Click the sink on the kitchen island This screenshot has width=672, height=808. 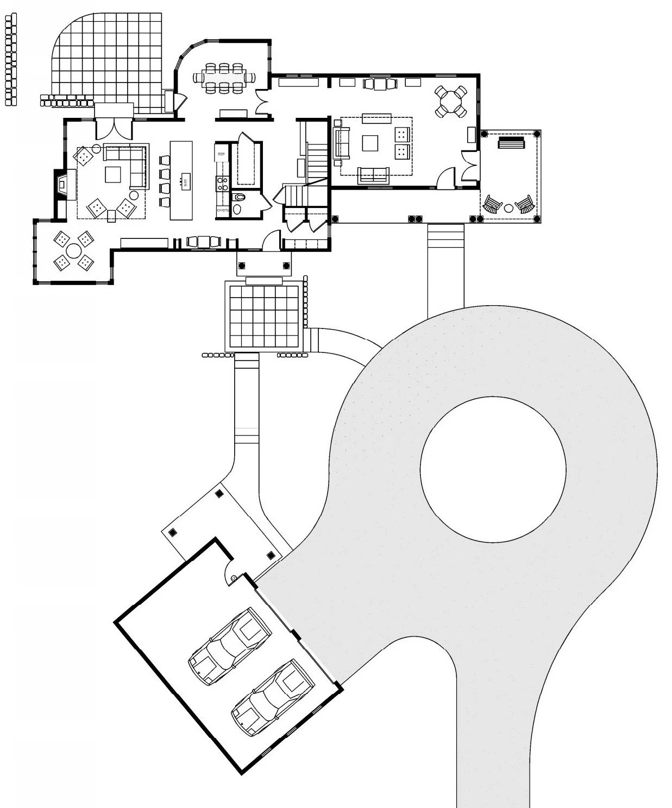pos(184,182)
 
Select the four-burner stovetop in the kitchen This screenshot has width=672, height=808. pos(222,184)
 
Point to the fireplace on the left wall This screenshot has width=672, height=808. pos(61,185)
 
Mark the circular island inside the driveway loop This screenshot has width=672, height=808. pos(493,470)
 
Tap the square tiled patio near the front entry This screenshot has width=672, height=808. pos(263,315)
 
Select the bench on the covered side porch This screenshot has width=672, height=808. pos(512,143)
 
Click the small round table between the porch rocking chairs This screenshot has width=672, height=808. pos(509,207)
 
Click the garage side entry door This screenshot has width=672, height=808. pos(232,573)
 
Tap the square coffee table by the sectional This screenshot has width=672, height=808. pos(113,174)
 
